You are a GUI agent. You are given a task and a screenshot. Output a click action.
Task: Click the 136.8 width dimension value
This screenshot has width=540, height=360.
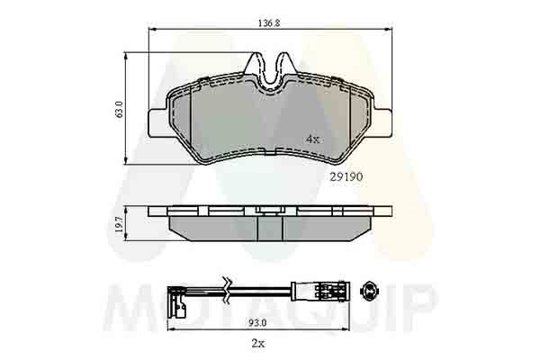[269, 23]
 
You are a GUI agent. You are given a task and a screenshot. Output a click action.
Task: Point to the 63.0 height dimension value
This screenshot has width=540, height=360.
[119, 109]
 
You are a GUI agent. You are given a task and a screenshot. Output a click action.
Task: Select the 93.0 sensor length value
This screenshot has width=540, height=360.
[258, 323]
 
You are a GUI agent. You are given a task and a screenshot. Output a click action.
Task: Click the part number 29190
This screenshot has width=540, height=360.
[346, 176]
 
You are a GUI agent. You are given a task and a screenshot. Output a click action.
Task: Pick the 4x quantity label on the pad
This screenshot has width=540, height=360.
[313, 139]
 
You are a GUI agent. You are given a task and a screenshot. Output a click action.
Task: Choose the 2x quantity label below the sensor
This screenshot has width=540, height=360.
[258, 343]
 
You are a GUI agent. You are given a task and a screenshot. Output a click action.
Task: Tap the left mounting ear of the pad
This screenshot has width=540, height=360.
[158, 122]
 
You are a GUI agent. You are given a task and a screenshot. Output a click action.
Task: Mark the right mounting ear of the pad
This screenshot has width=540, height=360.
[382, 122]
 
